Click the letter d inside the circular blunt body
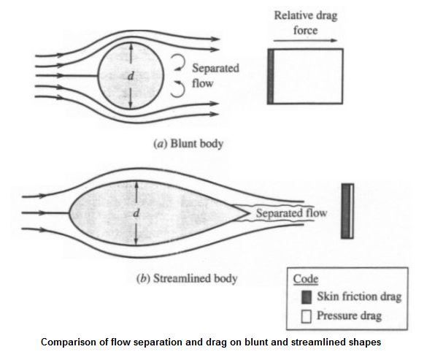(x=131, y=75)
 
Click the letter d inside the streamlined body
(x=136, y=213)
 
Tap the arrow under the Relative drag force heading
(x=305, y=40)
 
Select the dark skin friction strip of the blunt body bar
(x=271, y=77)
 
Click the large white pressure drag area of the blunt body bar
(x=308, y=77)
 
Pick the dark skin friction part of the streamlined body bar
(x=345, y=211)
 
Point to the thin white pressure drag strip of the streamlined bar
(x=352, y=211)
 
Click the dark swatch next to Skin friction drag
(x=307, y=296)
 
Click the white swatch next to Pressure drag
(x=307, y=316)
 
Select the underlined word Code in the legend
(x=305, y=279)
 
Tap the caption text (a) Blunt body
(x=188, y=144)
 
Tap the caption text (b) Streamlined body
(x=187, y=278)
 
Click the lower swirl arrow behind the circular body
(x=178, y=89)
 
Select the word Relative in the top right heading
(x=290, y=15)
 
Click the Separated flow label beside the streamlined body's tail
(x=291, y=213)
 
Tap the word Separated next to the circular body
(x=215, y=69)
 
